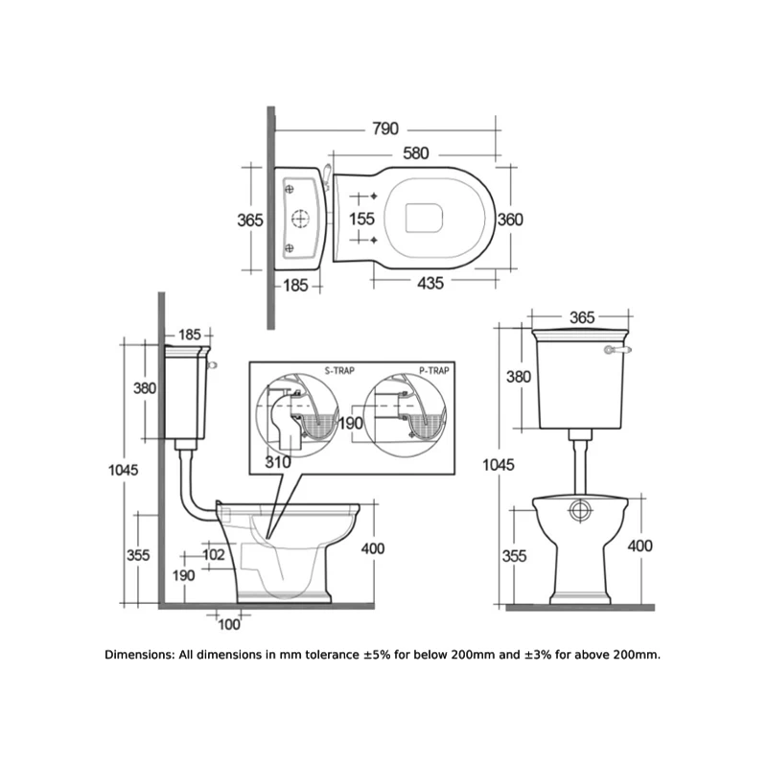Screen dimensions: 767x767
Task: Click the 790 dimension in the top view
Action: (x=385, y=128)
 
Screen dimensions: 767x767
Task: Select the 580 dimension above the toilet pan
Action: (x=416, y=153)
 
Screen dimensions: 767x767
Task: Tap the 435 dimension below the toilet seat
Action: (x=430, y=283)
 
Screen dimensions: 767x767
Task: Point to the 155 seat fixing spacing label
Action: (x=362, y=219)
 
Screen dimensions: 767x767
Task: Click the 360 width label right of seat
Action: (x=510, y=220)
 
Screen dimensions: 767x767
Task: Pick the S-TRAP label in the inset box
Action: (x=339, y=371)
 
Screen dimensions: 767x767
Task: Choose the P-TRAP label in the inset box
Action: (x=434, y=371)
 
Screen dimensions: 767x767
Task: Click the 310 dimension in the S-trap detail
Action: (x=278, y=462)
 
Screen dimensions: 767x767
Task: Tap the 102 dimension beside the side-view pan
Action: (x=214, y=555)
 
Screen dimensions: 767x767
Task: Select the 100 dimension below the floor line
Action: (x=229, y=625)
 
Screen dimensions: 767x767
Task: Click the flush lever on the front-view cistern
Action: (x=617, y=350)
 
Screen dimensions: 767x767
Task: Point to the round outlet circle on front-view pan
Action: (x=580, y=510)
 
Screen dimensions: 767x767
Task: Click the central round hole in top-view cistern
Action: (x=301, y=219)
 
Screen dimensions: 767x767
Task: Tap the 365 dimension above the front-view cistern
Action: (x=582, y=317)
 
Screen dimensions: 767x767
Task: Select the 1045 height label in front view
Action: (x=499, y=465)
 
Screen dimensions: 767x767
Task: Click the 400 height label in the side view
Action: (x=373, y=548)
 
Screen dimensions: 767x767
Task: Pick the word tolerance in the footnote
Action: (x=332, y=655)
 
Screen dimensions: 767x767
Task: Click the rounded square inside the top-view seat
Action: (x=424, y=218)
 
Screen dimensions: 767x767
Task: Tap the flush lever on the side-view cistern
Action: (x=212, y=364)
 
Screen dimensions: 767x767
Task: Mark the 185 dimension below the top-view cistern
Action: (x=295, y=285)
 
